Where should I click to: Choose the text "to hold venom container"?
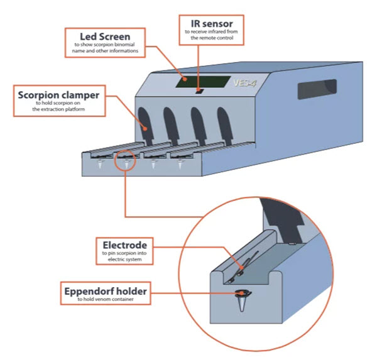pyautogui.click(x=106, y=301)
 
